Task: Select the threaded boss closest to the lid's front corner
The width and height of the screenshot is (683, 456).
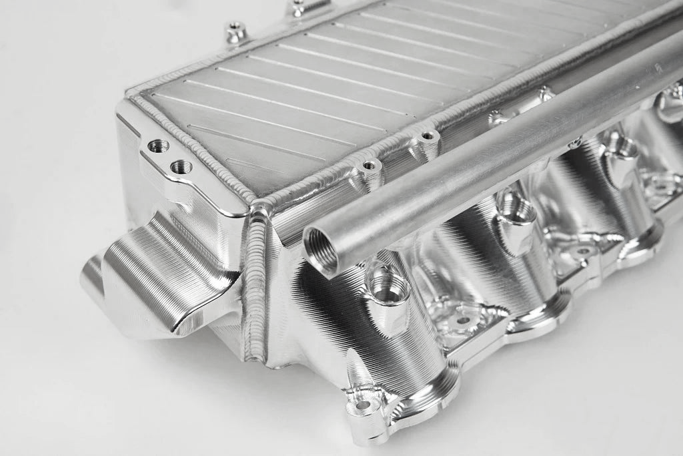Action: (x=368, y=164)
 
